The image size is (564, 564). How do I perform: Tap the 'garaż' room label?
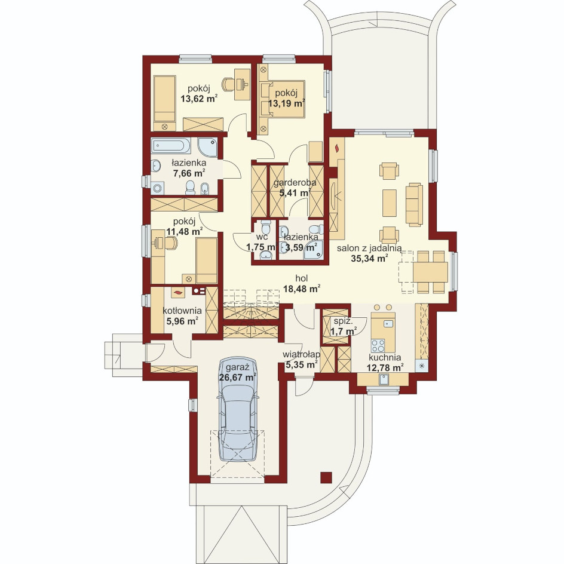(x=237, y=367)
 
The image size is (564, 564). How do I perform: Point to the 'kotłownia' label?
(x=182, y=311)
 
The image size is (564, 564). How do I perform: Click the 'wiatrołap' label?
(x=302, y=355)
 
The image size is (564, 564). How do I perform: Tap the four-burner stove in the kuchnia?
(x=378, y=345)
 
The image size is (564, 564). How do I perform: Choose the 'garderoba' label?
(x=295, y=182)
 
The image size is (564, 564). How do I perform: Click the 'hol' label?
(x=302, y=278)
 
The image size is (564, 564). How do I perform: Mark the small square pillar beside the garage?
(x=326, y=477)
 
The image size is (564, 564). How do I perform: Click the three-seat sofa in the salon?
(x=414, y=204)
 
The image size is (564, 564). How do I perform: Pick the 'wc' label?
(x=262, y=237)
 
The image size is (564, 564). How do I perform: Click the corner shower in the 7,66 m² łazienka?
(x=207, y=147)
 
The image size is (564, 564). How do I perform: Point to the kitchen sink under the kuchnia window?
(x=384, y=379)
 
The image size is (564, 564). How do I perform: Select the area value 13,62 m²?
(x=199, y=99)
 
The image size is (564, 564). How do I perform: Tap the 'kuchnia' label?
(x=385, y=357)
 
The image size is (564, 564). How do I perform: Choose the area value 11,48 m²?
(x=184, y=231)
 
